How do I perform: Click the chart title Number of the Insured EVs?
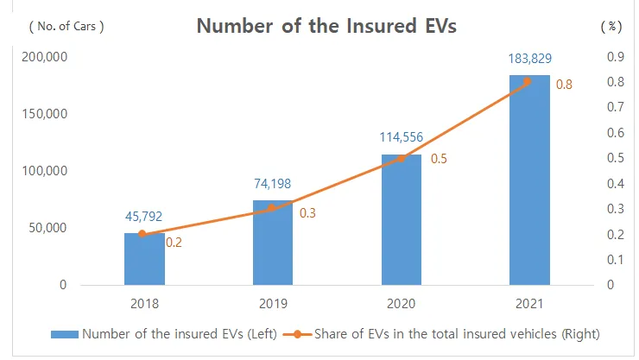tap(326, 26)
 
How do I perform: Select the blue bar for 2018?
tap(144, 259)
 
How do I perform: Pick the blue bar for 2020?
tap(402, 219)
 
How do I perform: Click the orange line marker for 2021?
tap(528, 82)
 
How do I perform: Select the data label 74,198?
tap(273, 186)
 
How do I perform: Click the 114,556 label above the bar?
tap(402, 138)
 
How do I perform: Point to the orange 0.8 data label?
tap(564, 85)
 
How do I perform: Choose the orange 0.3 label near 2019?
tap(307, 212)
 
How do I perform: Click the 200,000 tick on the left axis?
tap(44, 57)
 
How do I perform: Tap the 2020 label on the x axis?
tap(402, 304)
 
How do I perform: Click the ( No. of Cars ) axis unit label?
tap(66, 26)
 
